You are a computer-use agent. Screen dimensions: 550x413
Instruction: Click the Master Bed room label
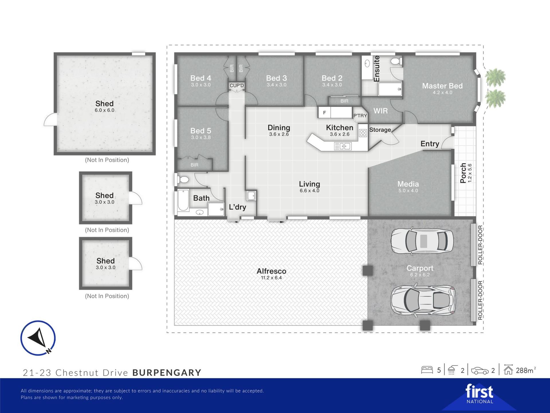(x=442, y=86)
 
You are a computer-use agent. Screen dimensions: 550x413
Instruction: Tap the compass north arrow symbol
(x=38, y=338)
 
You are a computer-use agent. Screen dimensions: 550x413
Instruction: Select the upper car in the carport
(x=422, y=241)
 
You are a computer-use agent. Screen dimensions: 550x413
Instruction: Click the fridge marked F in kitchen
(x=324, y=112)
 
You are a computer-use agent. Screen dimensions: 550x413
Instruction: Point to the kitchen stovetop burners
(x=363, y=133)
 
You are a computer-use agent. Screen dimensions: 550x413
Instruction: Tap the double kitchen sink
(x=343, y=146)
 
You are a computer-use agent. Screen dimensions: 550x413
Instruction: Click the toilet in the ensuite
(x=396, y=61)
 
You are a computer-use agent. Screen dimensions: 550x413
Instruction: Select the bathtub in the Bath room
(x=183, y=200)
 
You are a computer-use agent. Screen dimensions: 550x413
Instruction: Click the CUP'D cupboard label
(x=237, y=85)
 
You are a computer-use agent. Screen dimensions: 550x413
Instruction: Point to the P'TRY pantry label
(x=360, y=116)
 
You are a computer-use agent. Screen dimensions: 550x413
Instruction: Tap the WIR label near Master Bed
(x=380, y=111)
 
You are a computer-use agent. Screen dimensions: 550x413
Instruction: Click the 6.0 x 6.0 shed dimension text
(x=105, y=110)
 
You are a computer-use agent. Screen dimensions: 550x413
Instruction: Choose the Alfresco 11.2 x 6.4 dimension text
(x=271, y=278)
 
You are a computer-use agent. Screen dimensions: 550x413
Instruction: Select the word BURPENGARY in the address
(x=167, y=373)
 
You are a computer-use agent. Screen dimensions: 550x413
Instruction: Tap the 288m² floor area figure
(x=526, y=370)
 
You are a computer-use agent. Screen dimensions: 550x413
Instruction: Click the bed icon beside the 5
(x=427, y=370)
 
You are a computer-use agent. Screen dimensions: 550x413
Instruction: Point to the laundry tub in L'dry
(x=251, y=196)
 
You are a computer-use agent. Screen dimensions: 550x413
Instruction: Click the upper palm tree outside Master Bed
(x=495, y=77)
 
